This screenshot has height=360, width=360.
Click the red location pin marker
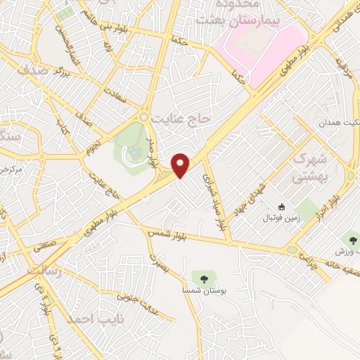click(181, 165)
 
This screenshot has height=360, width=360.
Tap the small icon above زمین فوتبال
click(281, 206)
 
